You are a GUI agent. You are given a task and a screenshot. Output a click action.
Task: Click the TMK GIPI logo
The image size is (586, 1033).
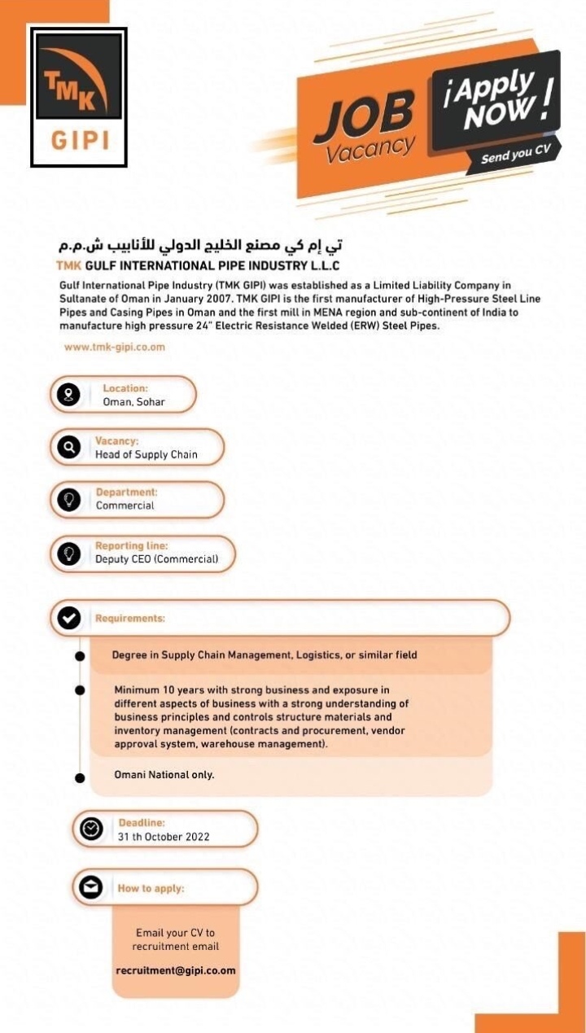click(x=79, y=97)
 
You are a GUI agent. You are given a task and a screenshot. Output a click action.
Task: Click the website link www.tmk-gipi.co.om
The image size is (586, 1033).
click(x=114, y=347)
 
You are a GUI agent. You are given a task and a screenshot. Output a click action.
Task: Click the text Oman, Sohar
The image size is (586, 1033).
click(x=133, y=402)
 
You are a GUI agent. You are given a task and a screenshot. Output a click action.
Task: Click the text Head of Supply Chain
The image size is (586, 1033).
click(x=146, y=454)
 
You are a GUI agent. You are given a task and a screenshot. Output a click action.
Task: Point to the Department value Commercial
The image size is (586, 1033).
click(x=125, y=506)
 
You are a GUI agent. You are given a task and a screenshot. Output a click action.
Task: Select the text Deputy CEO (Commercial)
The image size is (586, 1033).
click(x=157, y=559)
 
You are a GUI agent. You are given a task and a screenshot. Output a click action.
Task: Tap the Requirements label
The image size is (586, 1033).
click(x=130, y=619)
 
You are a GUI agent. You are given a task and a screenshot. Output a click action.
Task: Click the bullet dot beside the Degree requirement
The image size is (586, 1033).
click(x=80, y=655)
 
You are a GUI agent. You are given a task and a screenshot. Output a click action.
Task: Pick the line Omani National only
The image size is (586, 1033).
click(x=164, y=774)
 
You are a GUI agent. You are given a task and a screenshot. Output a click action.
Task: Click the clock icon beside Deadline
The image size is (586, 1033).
click(x=91, y=829)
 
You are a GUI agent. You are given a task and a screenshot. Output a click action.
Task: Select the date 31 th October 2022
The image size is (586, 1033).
click(x=164, y=836)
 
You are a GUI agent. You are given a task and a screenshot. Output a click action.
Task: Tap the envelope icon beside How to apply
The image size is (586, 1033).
click(x=91, y=888)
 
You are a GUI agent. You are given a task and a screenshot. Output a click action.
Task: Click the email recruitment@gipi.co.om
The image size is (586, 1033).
click(x=176, y=970)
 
